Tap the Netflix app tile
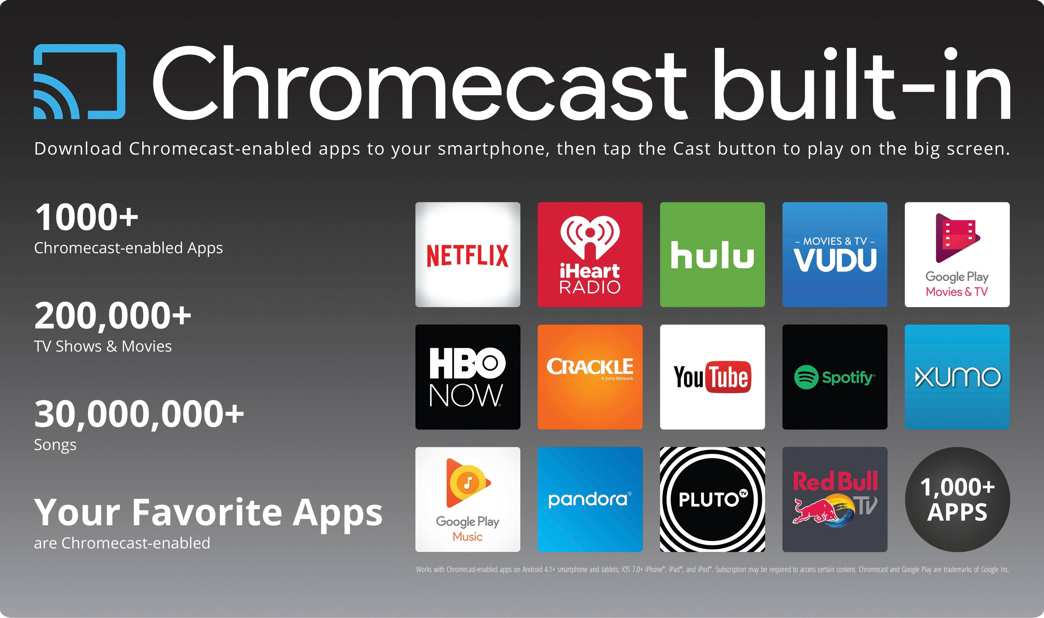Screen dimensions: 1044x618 pyautogui.click(x=468, y=254)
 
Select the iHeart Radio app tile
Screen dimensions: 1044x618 pyautogui.click(x=590, y=254)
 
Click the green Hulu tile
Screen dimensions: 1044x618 pyautogui.click(x=712, y=254)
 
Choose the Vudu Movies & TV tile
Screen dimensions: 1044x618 pyautogui.click(x=835, y=254)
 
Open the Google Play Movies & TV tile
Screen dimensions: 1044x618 pyautogui.click(x=957, y=254)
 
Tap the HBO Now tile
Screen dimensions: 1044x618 pyautogui.click(x=468, y=377)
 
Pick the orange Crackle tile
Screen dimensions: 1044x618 pyautogui.click(x=590, y=377)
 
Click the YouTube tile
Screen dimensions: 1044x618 pyautogui.click(x=712, y=377)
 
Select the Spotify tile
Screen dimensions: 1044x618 pyautogui.click(x=835, y=377)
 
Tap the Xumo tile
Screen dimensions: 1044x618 pyautogui.click(x=957, y=377)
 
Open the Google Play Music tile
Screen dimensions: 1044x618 pyautogui.click(x=468, y=499)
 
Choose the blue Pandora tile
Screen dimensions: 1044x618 pyautogui.click(x=590, y=499)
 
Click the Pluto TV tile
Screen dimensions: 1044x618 pyautogui.click(x=712, y=499)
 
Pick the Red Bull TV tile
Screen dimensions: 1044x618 pyautogui.click(x=835, y=499)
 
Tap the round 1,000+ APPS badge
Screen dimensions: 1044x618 pyautogui.click(x=957, y=499)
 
